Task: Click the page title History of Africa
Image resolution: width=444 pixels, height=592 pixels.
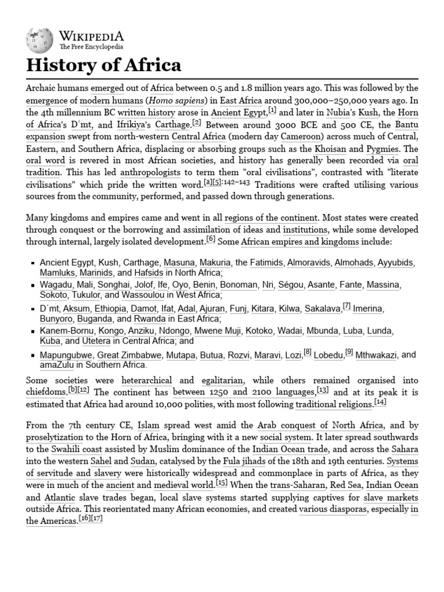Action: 103,65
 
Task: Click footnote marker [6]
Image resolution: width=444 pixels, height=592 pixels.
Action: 210,239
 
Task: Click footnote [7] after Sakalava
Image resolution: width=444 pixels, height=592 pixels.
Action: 346,306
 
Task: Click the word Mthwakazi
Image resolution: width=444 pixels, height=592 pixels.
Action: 376,354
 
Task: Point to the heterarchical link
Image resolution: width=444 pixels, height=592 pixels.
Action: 146,381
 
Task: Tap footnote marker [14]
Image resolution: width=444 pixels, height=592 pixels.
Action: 380,402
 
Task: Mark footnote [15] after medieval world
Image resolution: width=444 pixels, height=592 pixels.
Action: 222,482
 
